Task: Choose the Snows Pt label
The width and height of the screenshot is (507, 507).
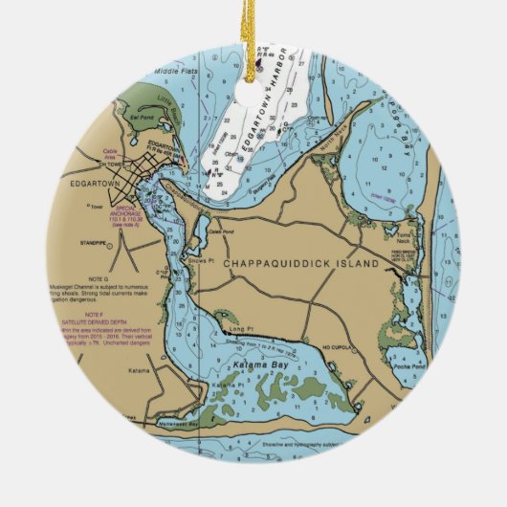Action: (x=204, y=260)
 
